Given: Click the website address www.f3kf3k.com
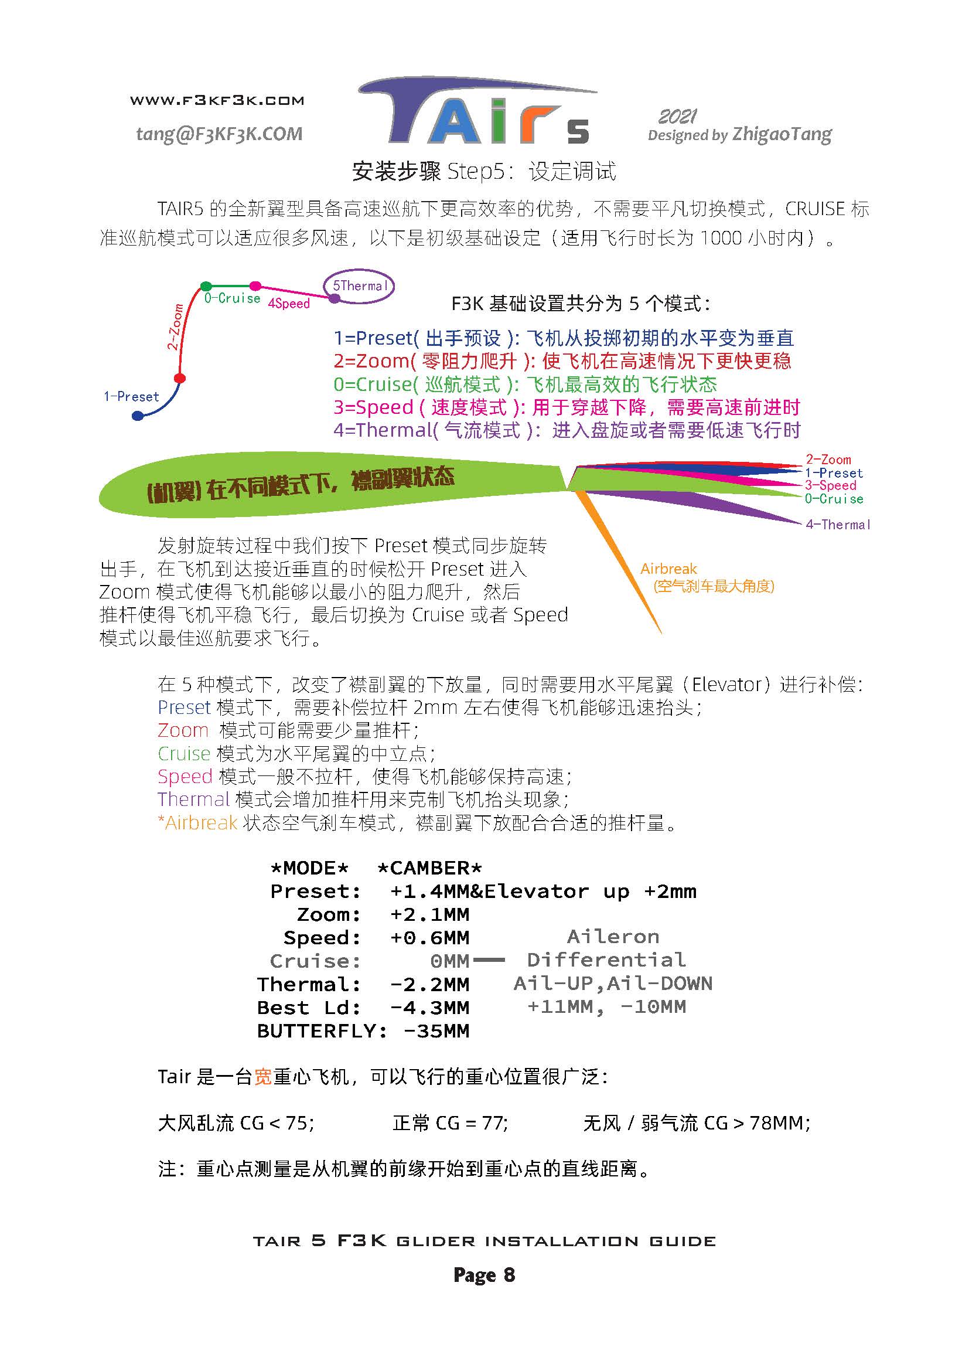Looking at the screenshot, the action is [217, 100].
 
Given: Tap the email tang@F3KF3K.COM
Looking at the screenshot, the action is [219, 134].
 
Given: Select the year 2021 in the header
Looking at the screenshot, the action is [678, 116].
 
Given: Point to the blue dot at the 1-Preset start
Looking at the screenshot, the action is [138, 416].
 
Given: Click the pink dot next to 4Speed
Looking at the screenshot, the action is [255, 286].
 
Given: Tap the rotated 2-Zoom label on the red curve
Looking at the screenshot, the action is [175, 327].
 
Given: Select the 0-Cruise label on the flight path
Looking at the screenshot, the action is [232, 298].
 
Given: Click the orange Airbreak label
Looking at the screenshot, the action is [668, 569].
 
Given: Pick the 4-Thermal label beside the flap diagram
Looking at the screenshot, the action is [838, 524].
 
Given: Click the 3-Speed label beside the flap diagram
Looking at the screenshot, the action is [831, 485].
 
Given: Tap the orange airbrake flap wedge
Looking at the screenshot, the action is [619, 562].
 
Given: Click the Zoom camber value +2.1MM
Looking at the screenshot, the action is [429, 914].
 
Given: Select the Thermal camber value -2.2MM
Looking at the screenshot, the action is [429, 984].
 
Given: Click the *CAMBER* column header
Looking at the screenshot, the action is [429, 867].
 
